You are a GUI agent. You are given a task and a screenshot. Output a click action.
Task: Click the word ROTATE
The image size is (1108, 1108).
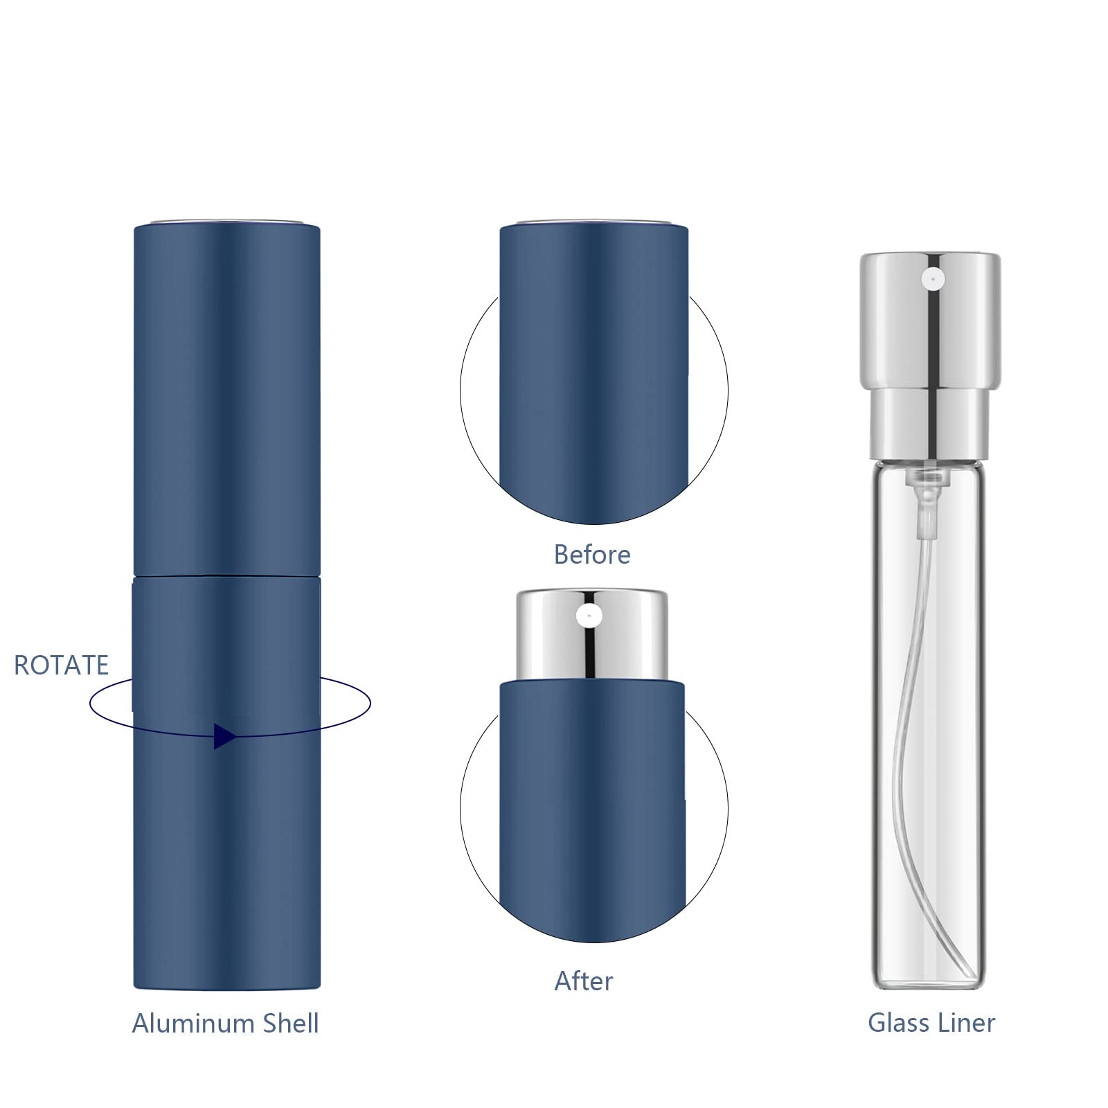pyautogui.click(x=62, y=665)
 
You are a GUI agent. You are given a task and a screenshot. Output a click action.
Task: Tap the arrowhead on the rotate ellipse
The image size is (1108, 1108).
pyautogui.click(x=223, y=736)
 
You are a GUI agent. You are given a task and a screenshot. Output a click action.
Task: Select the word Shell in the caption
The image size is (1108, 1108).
pyautogui.click(x=288, y=1024)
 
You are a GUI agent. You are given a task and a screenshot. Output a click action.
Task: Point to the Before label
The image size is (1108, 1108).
pyautogui.click(x=592, y=555)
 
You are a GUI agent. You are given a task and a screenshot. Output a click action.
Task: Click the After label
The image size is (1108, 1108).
pyautogui.click(x=584, y=981)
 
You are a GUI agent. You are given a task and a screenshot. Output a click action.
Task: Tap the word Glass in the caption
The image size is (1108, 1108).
pyautogui.click(x=897, y=1023)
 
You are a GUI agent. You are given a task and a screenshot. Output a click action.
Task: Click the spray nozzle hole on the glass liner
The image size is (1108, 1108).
pyautogui.click(x=932, y=279)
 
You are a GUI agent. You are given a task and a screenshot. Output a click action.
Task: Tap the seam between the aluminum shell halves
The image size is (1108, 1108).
pyautogui.click(x=226, y=575)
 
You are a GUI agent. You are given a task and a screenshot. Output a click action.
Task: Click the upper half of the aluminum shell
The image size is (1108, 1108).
pyautogui.click(x=226, y=402)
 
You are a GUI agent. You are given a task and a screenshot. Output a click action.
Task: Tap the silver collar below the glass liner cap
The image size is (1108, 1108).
pyautogui.click(x=931, y=423)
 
